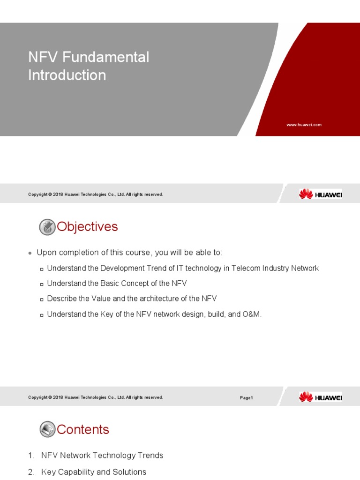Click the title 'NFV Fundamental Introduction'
pos(89,66)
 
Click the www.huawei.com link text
pos(304,125)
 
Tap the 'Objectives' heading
pos(87,227)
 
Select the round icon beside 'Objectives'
pos(47,227)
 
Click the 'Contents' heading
pos(83,429)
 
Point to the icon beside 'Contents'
pos(47,429)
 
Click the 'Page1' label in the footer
pos(247,397)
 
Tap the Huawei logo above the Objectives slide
pos(321,194)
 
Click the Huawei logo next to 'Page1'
pos(321,397)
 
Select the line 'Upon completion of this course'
pos(130,253)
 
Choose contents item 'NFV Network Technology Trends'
pos(102,455)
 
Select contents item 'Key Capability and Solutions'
pos(94,472)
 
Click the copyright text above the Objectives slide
pos(96,195)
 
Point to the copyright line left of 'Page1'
pos(96,397)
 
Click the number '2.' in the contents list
pos(31,472)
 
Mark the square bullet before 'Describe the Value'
pos(42,299)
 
